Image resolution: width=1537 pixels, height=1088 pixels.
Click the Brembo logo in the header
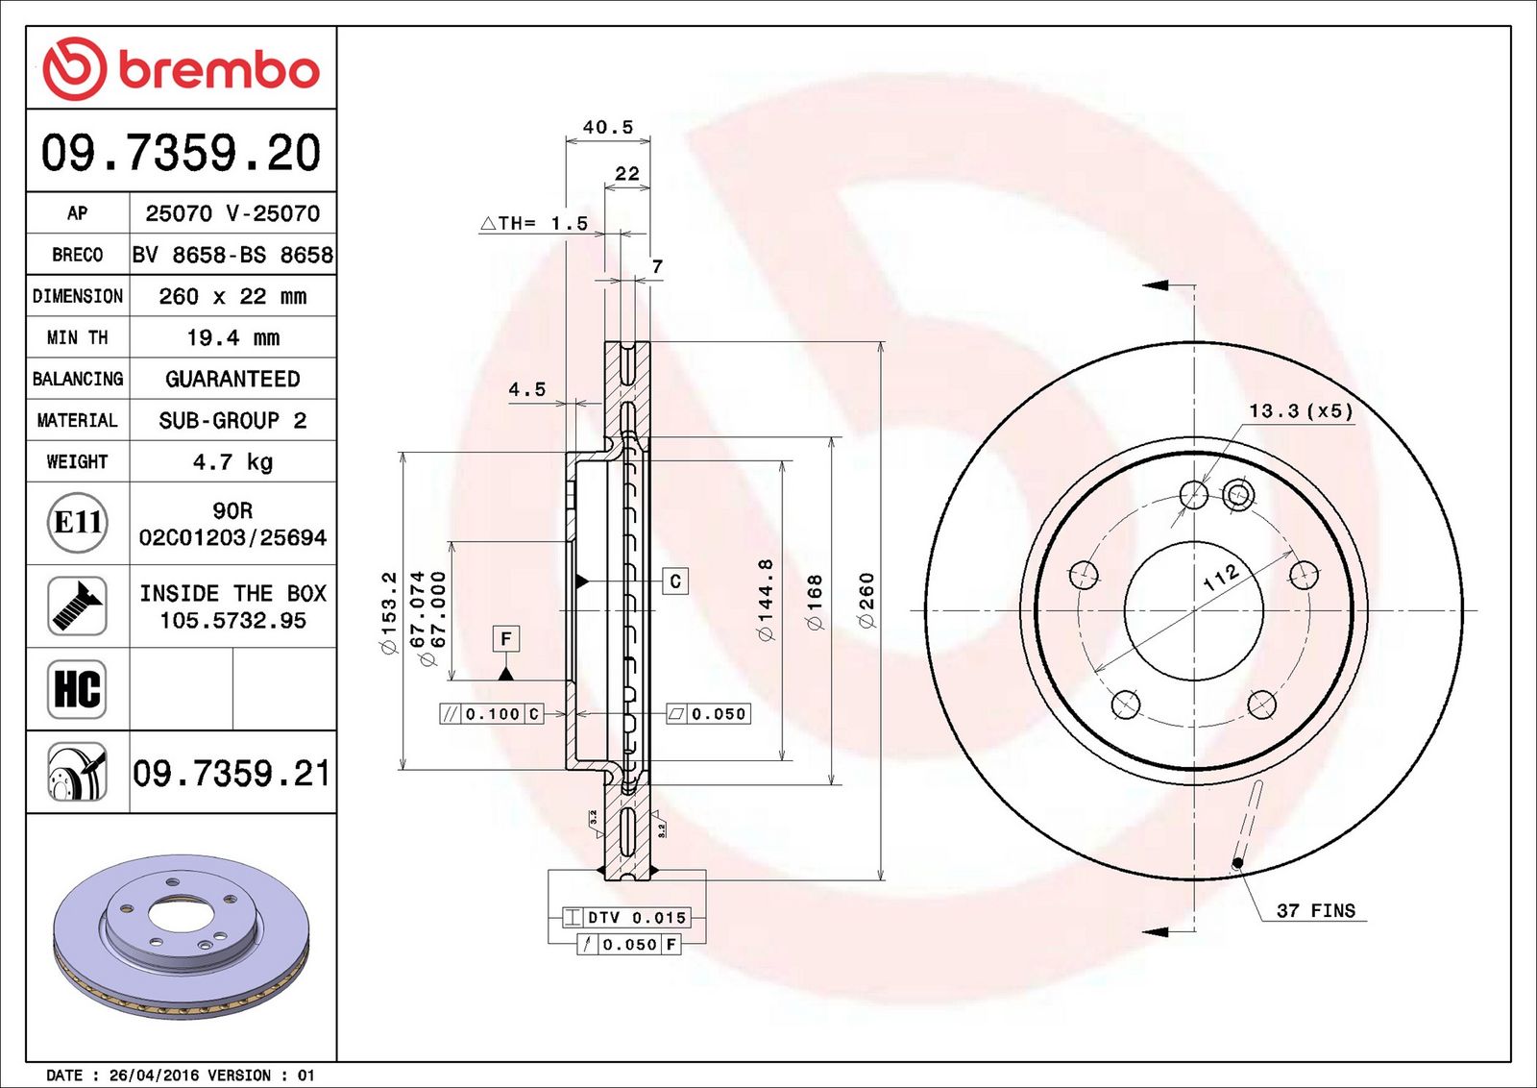(182, 68)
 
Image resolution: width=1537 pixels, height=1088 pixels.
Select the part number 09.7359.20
(182, 153)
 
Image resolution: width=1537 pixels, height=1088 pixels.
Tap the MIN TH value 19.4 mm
(233, 337)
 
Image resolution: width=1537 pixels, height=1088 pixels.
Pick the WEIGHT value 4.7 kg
(233, 461)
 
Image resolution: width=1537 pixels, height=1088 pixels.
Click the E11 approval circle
(78, 523)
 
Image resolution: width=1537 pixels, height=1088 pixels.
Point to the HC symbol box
(78, 689)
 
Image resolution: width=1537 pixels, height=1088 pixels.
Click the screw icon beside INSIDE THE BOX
(78, 606)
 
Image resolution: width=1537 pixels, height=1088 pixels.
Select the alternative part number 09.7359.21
(232, 774)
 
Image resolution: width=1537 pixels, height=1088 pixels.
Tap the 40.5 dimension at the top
(608, 127)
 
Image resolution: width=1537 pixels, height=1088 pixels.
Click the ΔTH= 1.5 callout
(534, 223)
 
